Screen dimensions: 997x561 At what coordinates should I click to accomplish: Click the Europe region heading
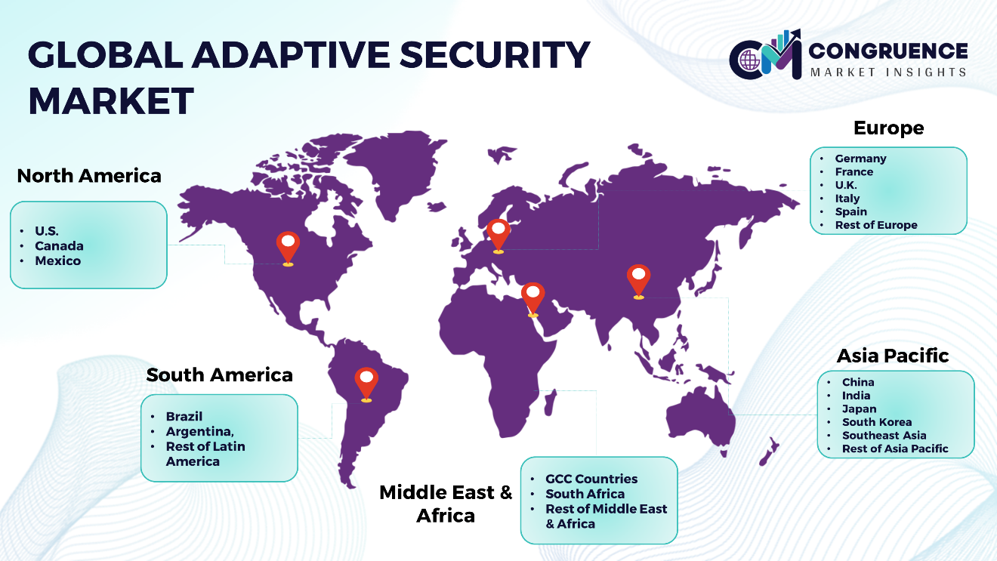888,128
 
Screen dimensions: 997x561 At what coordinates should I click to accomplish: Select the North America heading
89,176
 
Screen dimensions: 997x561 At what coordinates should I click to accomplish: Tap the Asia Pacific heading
893,356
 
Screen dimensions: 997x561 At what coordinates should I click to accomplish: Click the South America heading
220,375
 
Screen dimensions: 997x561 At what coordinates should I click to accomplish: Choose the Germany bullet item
860,159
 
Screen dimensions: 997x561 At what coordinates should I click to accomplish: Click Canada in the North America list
59,246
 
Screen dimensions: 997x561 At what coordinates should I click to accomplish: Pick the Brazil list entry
184,417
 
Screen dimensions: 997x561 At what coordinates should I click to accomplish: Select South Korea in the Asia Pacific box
877,422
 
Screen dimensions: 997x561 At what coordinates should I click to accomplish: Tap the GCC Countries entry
591,479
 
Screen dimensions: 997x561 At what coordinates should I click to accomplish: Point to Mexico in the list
58,260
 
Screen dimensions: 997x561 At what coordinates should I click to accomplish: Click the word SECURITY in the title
495,55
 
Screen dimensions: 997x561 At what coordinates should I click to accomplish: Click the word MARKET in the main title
111,101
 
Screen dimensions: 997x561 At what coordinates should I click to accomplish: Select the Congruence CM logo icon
765,54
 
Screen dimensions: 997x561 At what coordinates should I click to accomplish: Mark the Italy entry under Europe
847,199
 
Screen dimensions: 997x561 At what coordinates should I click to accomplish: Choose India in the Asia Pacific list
856,396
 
